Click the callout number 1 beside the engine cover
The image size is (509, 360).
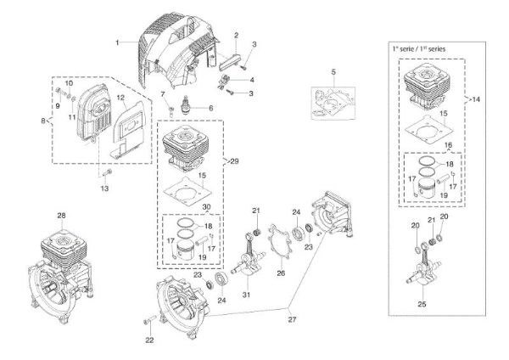119,41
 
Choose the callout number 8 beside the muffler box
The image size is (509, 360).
43,122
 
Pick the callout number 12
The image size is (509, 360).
120,98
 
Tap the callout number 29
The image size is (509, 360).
233,160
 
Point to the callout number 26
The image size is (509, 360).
281,273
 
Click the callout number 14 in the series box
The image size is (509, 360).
477,100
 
